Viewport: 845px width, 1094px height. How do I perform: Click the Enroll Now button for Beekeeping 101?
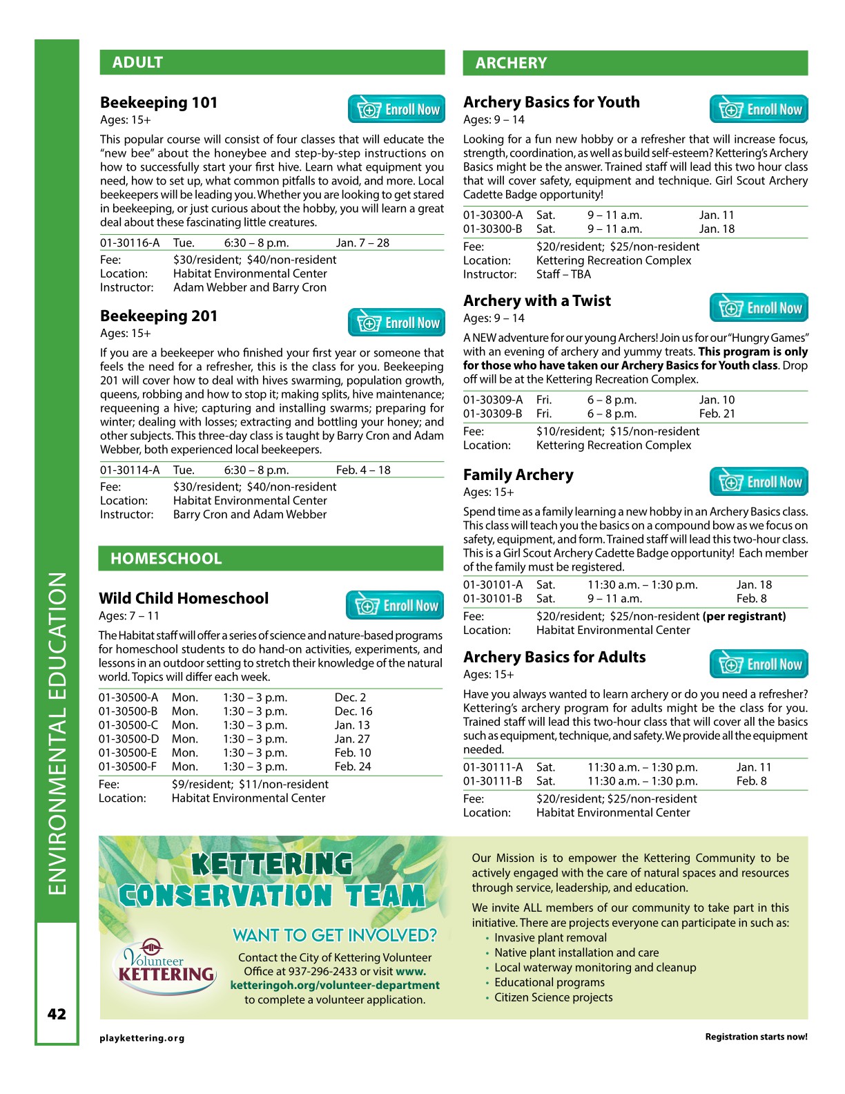pos(397,109)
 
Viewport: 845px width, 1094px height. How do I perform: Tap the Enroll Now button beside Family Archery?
pos(759,482)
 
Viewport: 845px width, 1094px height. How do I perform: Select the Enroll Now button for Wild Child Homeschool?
pos(395,606)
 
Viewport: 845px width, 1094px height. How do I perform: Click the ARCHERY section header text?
pos(511,63)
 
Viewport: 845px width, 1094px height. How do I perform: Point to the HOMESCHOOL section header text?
pos(166,559)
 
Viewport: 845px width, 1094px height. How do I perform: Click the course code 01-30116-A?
pos(130,243)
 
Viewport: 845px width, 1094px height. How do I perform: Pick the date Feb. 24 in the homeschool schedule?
pos(353,767)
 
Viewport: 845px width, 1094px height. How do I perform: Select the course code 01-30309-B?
pos(493,414)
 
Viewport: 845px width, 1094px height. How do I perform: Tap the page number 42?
pos(57,1014)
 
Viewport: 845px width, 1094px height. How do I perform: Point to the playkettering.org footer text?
pos(142,1038)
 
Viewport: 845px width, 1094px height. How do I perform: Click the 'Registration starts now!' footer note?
pos(756,1037)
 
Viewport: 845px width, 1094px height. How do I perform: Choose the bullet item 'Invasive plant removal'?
pos(550,938)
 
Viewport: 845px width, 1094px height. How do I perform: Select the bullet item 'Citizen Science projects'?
pos(553,997)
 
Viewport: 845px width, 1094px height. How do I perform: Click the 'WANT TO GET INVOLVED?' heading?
pos(335,935)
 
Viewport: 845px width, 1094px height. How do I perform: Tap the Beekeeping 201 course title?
pos(159,316)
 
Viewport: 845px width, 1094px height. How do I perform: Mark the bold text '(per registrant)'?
pos(744,616)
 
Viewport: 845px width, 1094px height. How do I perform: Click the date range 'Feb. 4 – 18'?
pos(363,470)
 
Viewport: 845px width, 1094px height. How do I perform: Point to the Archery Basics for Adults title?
pos(554,658)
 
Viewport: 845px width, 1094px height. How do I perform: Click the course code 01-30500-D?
pos(128,739)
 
